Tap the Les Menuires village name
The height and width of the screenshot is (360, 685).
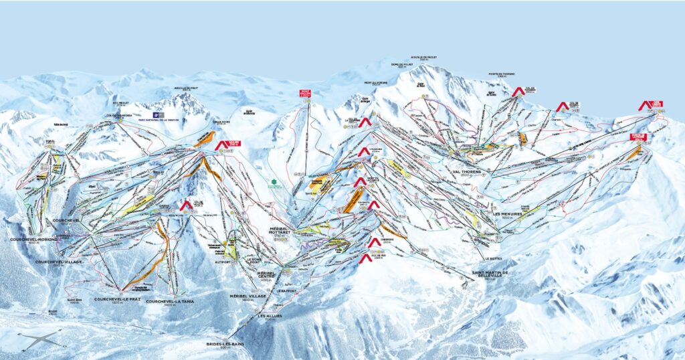coord(506,214)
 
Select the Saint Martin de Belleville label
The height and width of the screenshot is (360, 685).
coord(490,274)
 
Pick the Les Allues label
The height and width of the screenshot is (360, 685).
coord(270,315)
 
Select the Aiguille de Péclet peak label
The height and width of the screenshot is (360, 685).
coord(423,58)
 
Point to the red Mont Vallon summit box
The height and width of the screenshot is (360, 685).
coord(306,94)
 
